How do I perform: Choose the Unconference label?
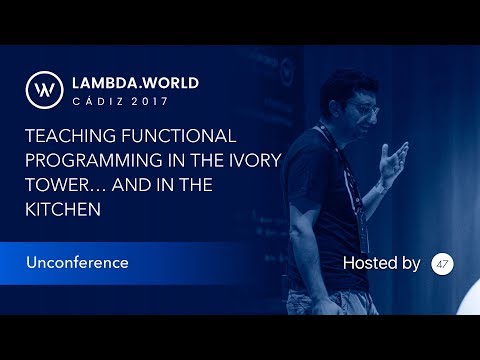pos(78,263)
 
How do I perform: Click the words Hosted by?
pos(381,263)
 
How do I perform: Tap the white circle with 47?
pos(443,264)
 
